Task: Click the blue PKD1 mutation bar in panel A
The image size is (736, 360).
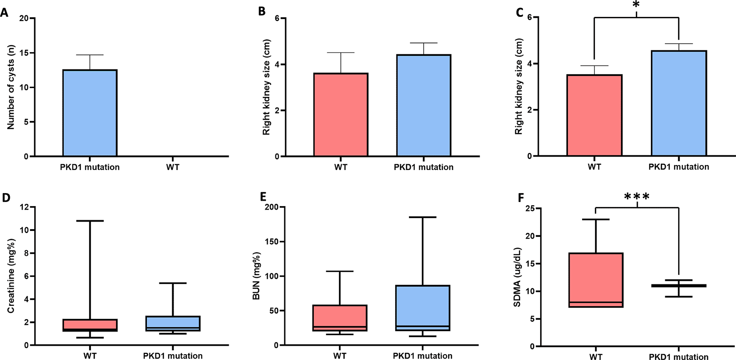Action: click(x=89, y=113)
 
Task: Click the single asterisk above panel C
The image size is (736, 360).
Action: click(x=636, y=5)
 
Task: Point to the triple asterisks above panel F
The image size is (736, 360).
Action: click(x=637, y=197)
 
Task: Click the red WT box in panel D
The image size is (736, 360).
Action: click(x=90, y=325)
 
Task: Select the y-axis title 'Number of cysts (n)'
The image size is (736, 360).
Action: click(x=11, y=87)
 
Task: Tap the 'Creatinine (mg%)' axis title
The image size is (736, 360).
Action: click(x=11, y=276)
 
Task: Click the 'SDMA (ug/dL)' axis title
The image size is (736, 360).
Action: click(x=517, y=277)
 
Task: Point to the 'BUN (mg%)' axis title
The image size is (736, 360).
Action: click(x=256, y=276)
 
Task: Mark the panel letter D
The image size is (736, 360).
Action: click(x=6, y=198)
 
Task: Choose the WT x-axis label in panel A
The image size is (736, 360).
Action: click(x=173, y=167)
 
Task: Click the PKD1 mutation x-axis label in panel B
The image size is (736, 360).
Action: click(x=423, y=167)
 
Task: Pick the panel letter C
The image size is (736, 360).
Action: click(x=519, y=12)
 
